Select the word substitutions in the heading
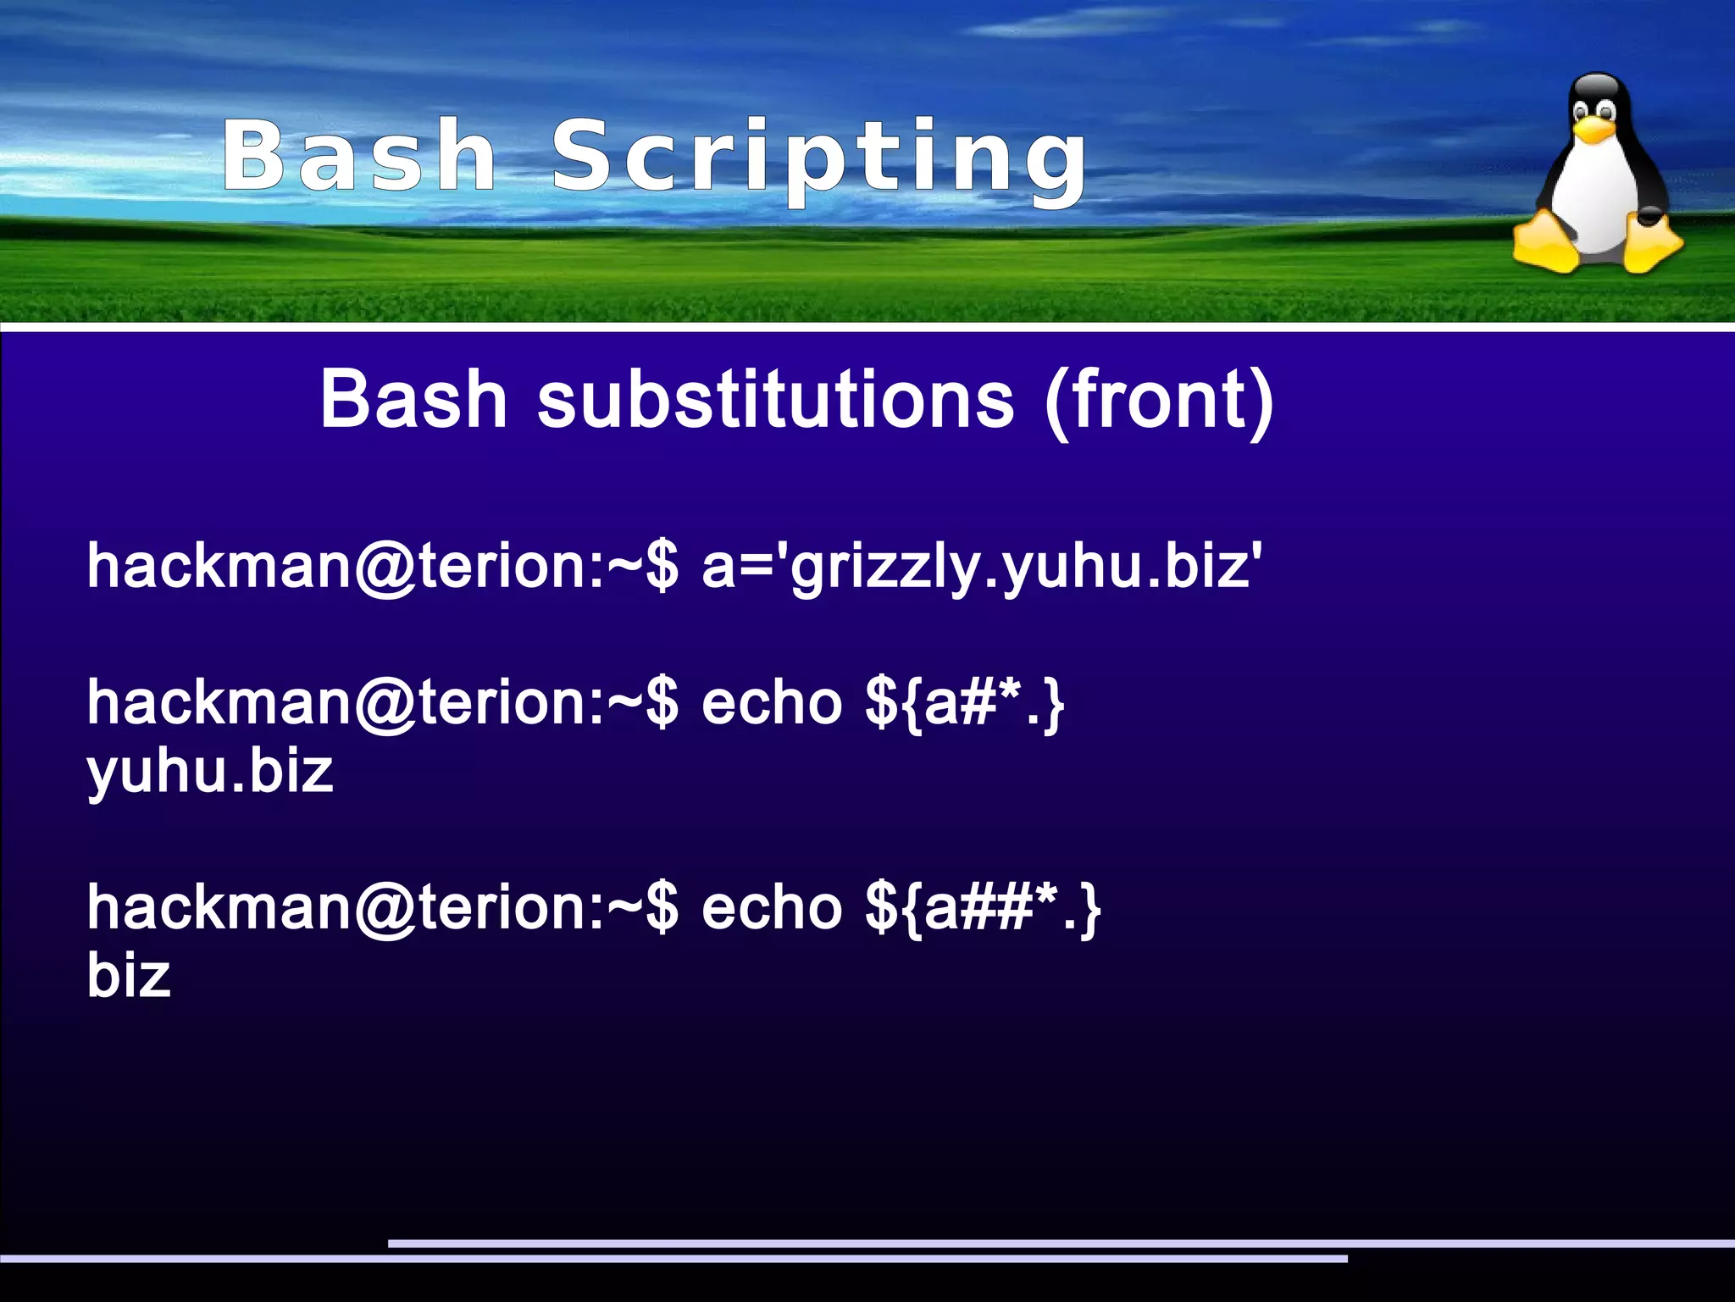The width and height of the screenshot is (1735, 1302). click(x=775, y=399)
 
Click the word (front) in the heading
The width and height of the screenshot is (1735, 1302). click(x=1158, y=401)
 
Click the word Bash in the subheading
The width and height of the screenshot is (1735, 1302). click(x=413, y=399)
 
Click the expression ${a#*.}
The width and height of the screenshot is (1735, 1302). click(x=964, y=703)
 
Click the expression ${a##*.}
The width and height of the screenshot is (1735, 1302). click(x=983, y=908)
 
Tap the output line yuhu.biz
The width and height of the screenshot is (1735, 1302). click(x=210, y=773)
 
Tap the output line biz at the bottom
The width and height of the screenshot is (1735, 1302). click(x=129, y=976)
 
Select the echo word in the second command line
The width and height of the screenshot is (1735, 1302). click(x=771, y=703)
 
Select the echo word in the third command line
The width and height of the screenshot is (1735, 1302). click(x=771, y=908)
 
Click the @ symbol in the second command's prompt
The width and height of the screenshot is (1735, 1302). click(x=385, y=705)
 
